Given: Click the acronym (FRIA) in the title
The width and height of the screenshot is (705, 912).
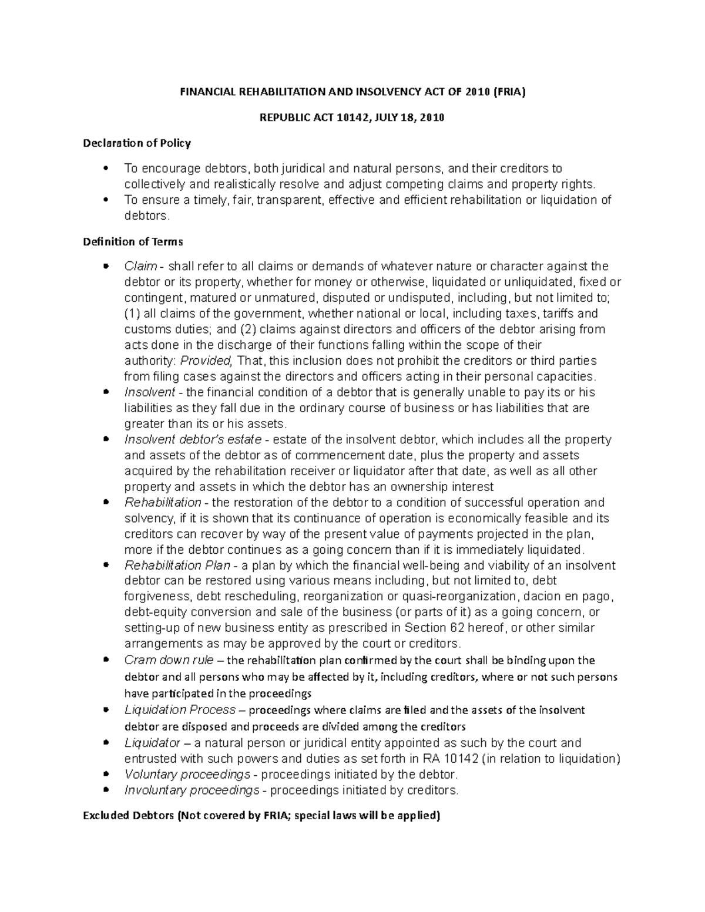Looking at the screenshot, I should tap(509, 92).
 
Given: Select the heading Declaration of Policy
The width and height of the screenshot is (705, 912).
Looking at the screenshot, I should tap(137, 143).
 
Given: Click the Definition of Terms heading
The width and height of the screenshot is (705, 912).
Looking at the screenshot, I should tap(133, 241).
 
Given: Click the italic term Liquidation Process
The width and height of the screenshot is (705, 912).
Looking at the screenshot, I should tap(180, 710).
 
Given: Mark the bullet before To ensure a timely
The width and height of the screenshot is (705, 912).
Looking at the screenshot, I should tap(106, 200).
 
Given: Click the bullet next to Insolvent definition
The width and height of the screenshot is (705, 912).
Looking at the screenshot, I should tap(106, 392).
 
